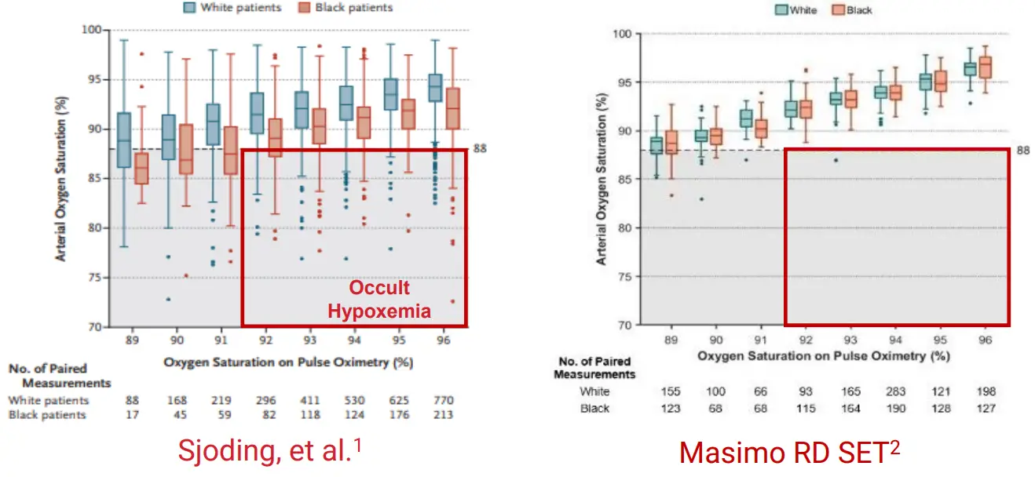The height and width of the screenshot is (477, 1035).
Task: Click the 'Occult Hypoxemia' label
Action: coord(379,299)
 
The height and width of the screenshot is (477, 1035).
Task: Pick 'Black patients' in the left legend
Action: coord(346,8)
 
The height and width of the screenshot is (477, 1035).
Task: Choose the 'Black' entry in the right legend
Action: coord(859,10)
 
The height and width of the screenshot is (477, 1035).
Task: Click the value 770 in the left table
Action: coord(443,401)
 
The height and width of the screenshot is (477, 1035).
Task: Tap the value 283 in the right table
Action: coord(894,391)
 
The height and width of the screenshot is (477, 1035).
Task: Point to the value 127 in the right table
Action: coord(986,408)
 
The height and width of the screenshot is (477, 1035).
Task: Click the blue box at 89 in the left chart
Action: coord(123,140)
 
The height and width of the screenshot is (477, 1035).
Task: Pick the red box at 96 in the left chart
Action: coord(453,108)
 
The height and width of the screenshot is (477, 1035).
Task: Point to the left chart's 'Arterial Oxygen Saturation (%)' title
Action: coord(60,179)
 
